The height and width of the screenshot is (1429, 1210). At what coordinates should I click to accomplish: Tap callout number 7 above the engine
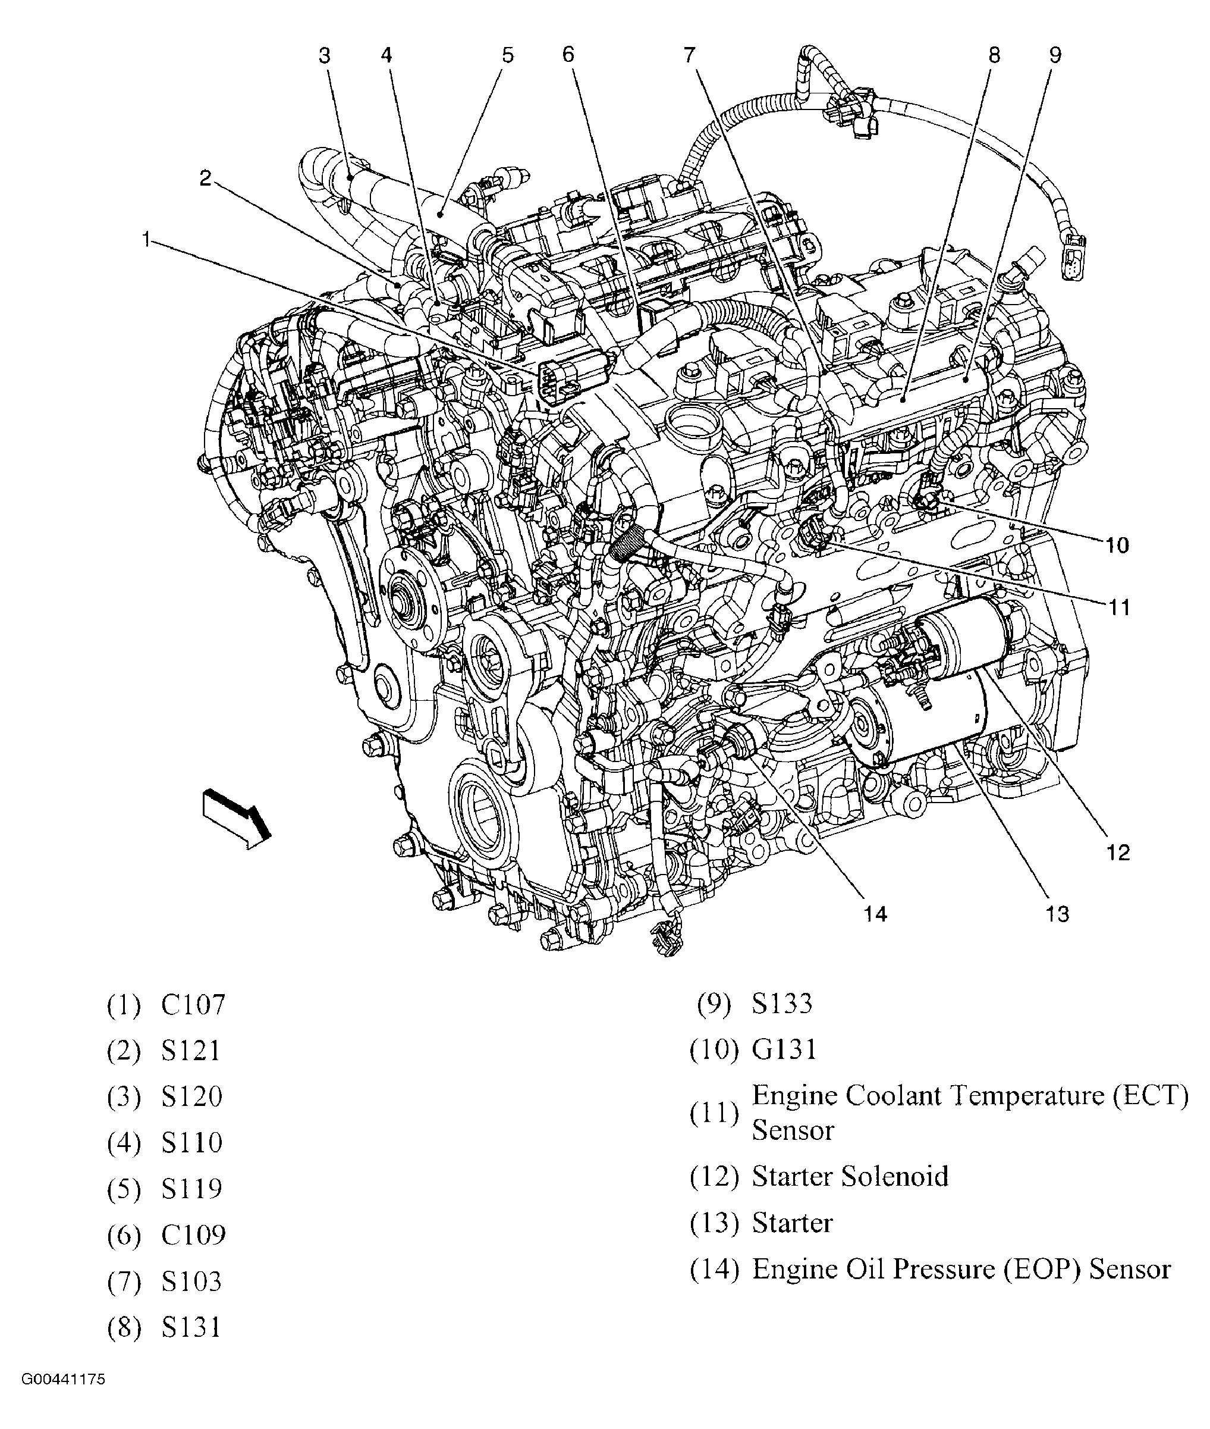(x=689, y=55)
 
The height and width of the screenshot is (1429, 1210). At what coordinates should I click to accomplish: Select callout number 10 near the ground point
(x=1117, y=546)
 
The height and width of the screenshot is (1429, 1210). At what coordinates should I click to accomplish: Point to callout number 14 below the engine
(x=875, y=914)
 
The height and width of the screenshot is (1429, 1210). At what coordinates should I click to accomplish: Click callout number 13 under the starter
(x=1057, y=914)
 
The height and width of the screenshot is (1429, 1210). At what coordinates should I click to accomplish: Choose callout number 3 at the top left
(x=325, y=55)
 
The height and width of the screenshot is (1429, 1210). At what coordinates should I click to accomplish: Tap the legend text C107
(x=193, y=1005)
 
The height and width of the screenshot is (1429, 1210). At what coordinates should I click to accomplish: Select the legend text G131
(x=784, y=1049)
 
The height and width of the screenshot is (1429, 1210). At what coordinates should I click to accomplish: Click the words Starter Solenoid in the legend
(x=850, y=1176)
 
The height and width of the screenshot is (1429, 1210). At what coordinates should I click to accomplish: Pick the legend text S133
(x=782, y=1004)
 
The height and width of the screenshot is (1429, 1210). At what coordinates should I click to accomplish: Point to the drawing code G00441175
(x=63, y=1380)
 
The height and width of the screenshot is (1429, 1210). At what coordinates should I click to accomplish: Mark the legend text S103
(x=191, y=1281)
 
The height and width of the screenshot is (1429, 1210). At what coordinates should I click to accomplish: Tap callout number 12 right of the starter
(x=1117, y=853)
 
